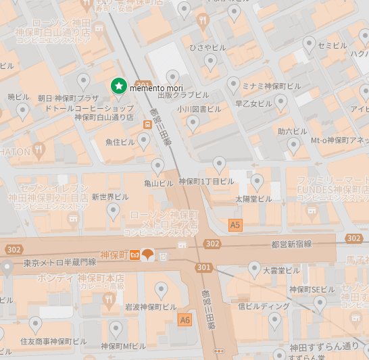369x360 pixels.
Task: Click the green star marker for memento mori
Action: pos(119,86)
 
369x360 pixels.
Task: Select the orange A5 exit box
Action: pos(235,225)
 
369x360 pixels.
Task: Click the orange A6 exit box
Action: pos(185,319)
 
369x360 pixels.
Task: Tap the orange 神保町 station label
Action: pos(114,255)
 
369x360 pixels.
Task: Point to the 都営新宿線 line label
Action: pos(291,244)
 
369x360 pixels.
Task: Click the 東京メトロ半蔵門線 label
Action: pos(59,262)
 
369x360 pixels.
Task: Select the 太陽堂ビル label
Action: pos(253,199)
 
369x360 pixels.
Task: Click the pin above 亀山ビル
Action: pos(157,165)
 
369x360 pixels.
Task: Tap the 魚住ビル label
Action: pos(120,142)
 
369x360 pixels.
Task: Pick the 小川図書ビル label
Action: pos(199,108)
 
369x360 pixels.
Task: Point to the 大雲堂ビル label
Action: pos(280,270)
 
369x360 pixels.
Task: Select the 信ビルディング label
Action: pos(264,306)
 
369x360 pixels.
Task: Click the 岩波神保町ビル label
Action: pos(151,307)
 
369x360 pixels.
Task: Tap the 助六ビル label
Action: pos(292,131)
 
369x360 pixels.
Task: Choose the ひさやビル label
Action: pos(207,47)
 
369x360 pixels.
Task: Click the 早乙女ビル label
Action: pos(253,103)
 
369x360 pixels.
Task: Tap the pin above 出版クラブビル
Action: pos(173,77)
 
